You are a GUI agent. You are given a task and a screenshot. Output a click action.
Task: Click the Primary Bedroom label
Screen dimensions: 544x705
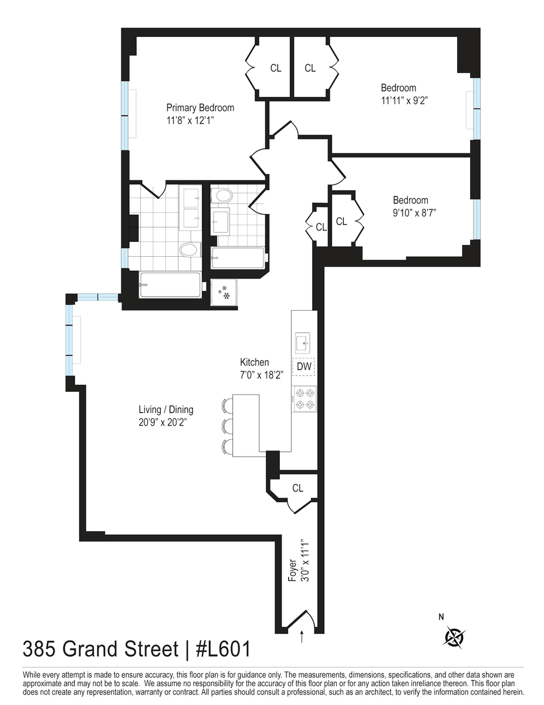point(200,108)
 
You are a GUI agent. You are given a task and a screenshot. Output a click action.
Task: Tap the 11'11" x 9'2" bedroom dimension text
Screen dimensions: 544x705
point(404,100)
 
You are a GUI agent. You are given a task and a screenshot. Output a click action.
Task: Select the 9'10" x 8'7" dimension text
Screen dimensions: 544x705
point(414,213)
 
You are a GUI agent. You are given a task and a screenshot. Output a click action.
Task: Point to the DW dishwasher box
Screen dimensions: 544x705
point(303,367)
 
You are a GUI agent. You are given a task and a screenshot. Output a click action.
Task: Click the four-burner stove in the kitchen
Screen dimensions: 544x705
point(304,399)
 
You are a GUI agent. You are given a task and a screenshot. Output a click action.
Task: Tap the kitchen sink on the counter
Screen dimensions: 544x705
point(303,343)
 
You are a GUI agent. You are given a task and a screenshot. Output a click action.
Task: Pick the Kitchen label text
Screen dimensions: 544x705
point(254,362)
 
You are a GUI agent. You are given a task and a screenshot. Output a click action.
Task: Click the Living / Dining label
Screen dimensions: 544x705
point(166,409)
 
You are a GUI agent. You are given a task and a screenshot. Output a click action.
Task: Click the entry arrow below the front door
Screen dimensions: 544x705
point(302,636)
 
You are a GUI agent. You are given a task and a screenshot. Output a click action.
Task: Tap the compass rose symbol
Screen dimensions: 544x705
point(455,637)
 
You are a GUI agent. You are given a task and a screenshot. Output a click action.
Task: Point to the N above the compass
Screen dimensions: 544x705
point(441,617)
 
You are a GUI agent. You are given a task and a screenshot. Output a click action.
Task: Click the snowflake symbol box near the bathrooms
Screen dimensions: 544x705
point(224,293)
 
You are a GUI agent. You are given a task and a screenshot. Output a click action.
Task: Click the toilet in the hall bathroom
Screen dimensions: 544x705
point(222,196)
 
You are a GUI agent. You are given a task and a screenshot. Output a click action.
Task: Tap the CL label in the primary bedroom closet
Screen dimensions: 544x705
point(276,68)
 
